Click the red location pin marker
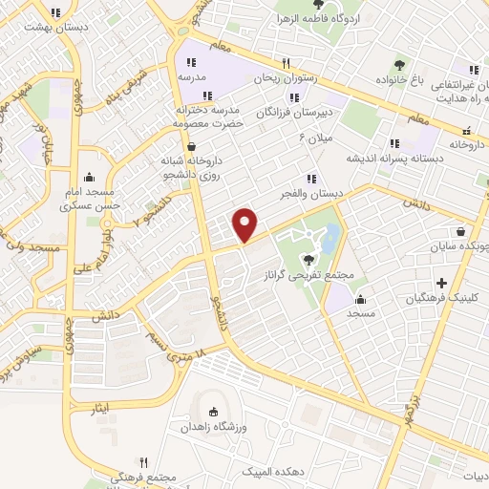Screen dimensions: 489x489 coord(246,224)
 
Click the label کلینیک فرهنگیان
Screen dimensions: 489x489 coord(442,299)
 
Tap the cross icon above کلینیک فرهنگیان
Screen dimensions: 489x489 coord(441,283)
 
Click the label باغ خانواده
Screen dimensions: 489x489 coord(399,82)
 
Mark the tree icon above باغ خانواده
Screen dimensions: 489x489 coord(399,65)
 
